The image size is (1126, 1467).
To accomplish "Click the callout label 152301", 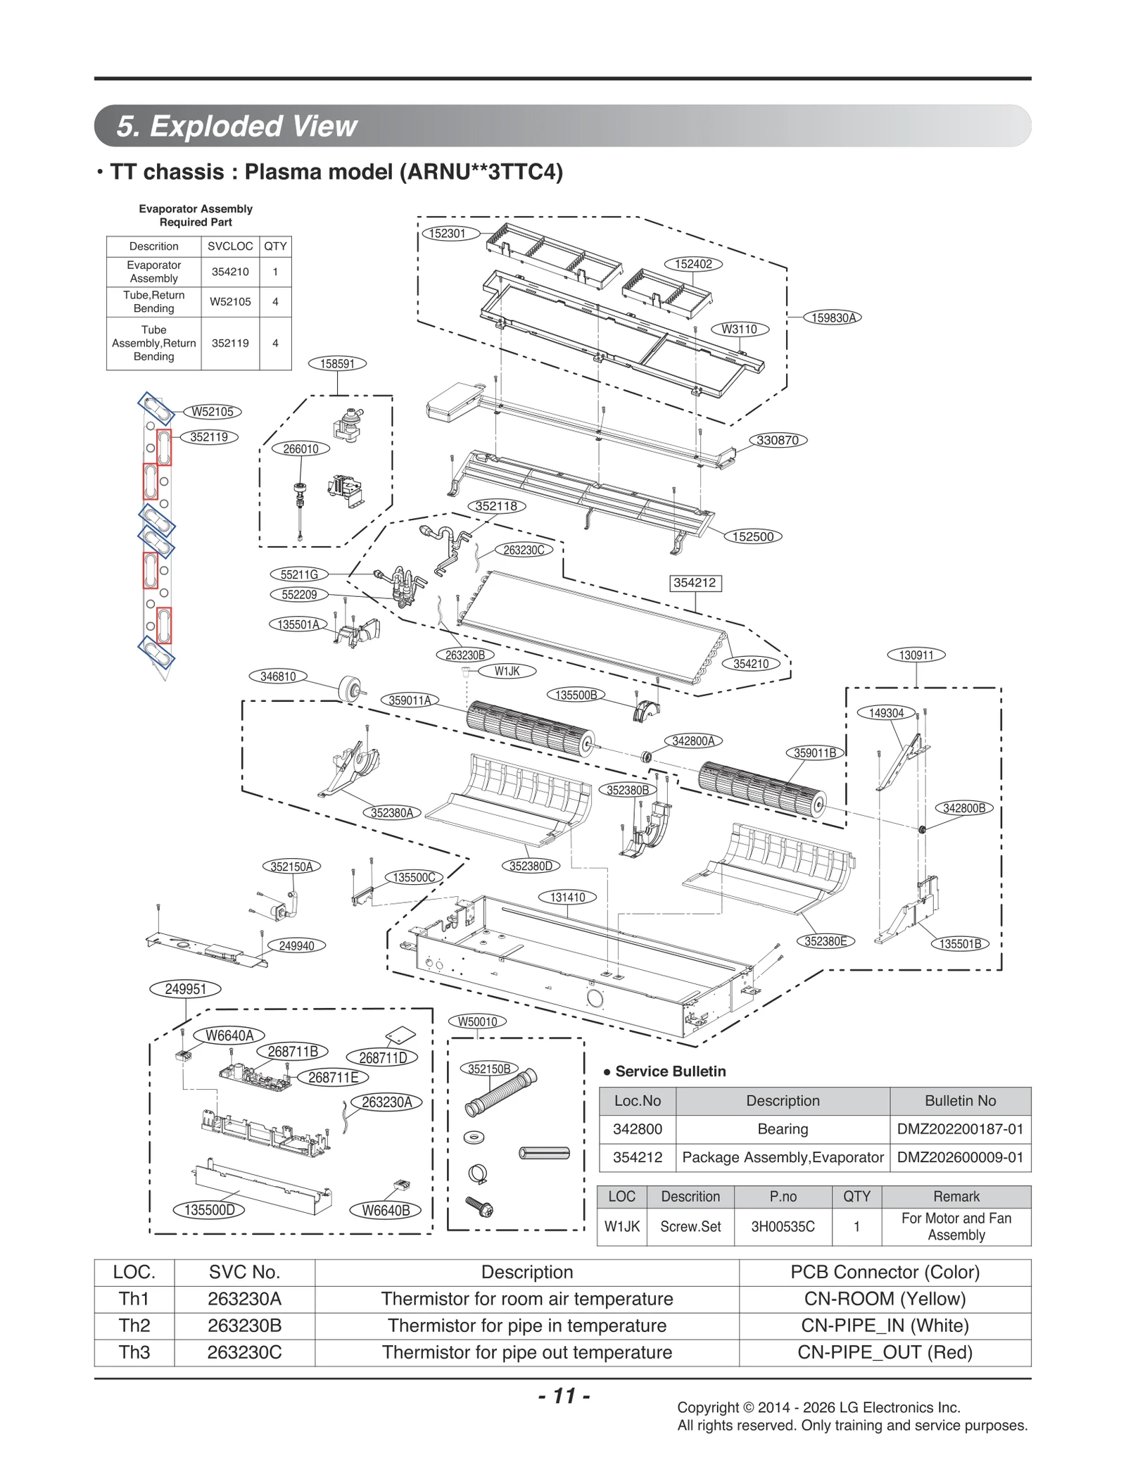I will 448,234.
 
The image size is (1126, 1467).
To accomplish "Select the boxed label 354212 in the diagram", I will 695,583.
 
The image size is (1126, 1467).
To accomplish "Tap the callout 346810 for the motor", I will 278,676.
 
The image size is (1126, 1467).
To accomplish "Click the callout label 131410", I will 567,897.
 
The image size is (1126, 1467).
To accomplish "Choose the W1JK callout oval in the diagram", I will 507,672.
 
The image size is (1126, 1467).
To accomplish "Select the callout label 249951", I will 185,989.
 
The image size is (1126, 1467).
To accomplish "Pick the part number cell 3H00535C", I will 783,1226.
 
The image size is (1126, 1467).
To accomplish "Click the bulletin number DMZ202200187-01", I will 960,1129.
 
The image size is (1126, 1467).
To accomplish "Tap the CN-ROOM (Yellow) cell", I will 885,1299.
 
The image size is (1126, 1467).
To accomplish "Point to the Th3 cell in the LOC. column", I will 134,1352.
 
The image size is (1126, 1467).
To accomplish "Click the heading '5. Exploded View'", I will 237,126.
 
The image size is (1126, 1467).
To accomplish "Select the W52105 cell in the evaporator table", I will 230,302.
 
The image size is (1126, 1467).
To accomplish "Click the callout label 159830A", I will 833,317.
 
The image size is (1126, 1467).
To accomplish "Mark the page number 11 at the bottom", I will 564,1396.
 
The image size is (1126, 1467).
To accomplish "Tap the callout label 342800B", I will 963,808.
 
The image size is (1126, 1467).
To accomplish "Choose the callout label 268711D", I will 383,1058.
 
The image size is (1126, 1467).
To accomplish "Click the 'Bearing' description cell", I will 783,1129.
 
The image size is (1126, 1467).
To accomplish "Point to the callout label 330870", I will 777,441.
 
